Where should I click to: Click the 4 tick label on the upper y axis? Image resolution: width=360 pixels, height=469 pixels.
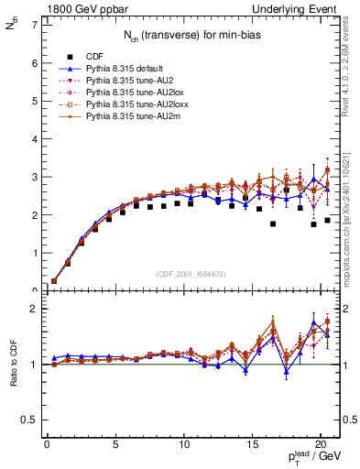[34, 138]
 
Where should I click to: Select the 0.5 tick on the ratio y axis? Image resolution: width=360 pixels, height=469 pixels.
[29, 420]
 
